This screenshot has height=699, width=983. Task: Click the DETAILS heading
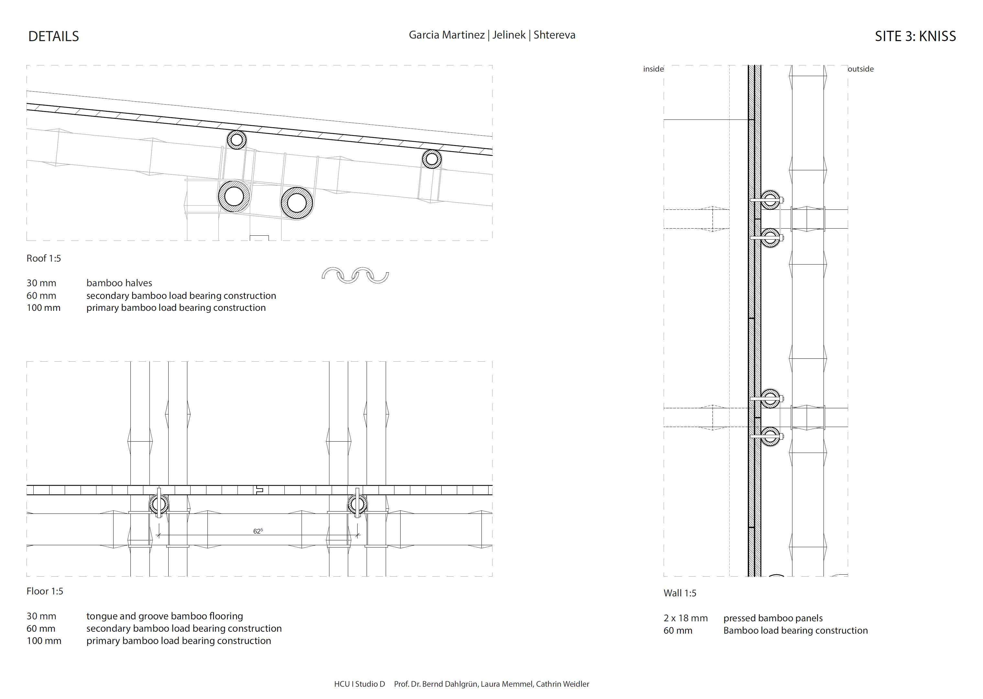(x=53, y=36)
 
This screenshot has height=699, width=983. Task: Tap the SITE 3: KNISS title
(x=915, y=36)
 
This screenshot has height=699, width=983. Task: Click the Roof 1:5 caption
(x=43, y=258)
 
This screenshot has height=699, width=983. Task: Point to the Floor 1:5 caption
(x=45, y=591)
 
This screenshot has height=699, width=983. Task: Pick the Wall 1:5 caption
(x=680, y=593)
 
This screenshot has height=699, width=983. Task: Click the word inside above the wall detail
(x=653, y=69)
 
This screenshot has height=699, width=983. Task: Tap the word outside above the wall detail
(x=860, y=69)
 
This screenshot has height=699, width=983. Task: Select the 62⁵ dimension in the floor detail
(x=258, y=531)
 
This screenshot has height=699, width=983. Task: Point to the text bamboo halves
(x=119, y=283)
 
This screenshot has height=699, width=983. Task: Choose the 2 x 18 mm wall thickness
(x=685, y=618)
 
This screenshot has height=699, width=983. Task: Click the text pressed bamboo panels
(x=773, y=618)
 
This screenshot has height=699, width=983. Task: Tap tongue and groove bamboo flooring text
(x=164, y=616)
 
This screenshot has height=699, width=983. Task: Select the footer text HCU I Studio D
(x=359, y=684)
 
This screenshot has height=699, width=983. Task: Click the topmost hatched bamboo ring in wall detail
(x=770, y=200)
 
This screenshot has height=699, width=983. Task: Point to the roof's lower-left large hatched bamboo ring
(x=234, y=196)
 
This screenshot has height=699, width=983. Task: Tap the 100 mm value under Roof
(x=43, y=308)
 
